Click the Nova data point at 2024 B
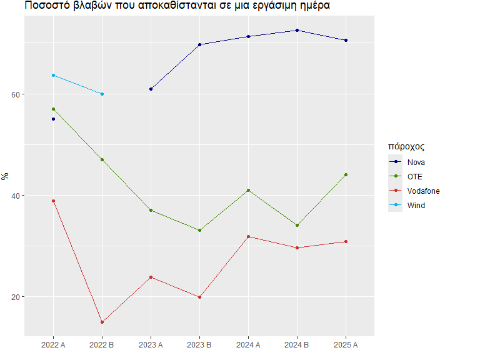(x=297, y=30)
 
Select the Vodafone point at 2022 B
(x=102, y=322)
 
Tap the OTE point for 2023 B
(x=199, y=230)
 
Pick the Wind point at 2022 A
(x=53, y=75)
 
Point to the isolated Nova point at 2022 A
(x=53, y=119)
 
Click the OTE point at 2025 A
(x=346, y=174)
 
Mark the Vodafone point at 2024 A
(x=248, y=236)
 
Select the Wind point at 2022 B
(x=102, y=94)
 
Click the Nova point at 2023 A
(x=151, y=89)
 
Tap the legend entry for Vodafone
(x=422, y=191)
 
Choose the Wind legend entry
(x=416, y=205)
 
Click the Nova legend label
(x=416, y=162)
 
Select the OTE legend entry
(x=414, y=176)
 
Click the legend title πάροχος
(x=406, y=147)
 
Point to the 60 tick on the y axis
(x=16, y=94)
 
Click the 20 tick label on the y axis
(x=16, y=297)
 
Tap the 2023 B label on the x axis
(x=199, y=344)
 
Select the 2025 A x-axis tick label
(x=346, y=344)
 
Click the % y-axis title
(x=6, y=176)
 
